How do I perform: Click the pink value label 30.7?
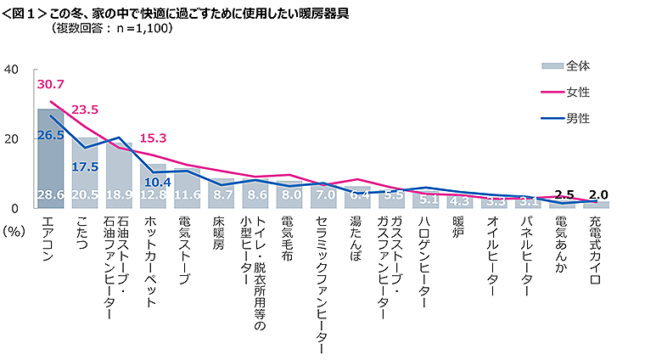pyautogui.click(x=50, y=84)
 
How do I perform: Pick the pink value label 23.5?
pyautogui.click(x=85, y=110)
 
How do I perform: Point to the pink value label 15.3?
pyautogui.click(x=154, y=138)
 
